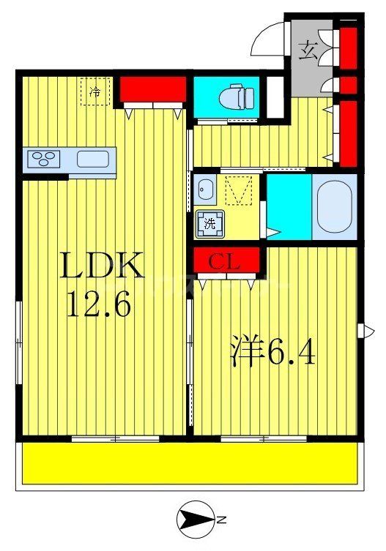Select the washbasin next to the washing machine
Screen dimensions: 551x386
pyautogui.click(x=204, y=190)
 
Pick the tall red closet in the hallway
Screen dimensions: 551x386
pyautogui.click(x=348, y=131)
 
